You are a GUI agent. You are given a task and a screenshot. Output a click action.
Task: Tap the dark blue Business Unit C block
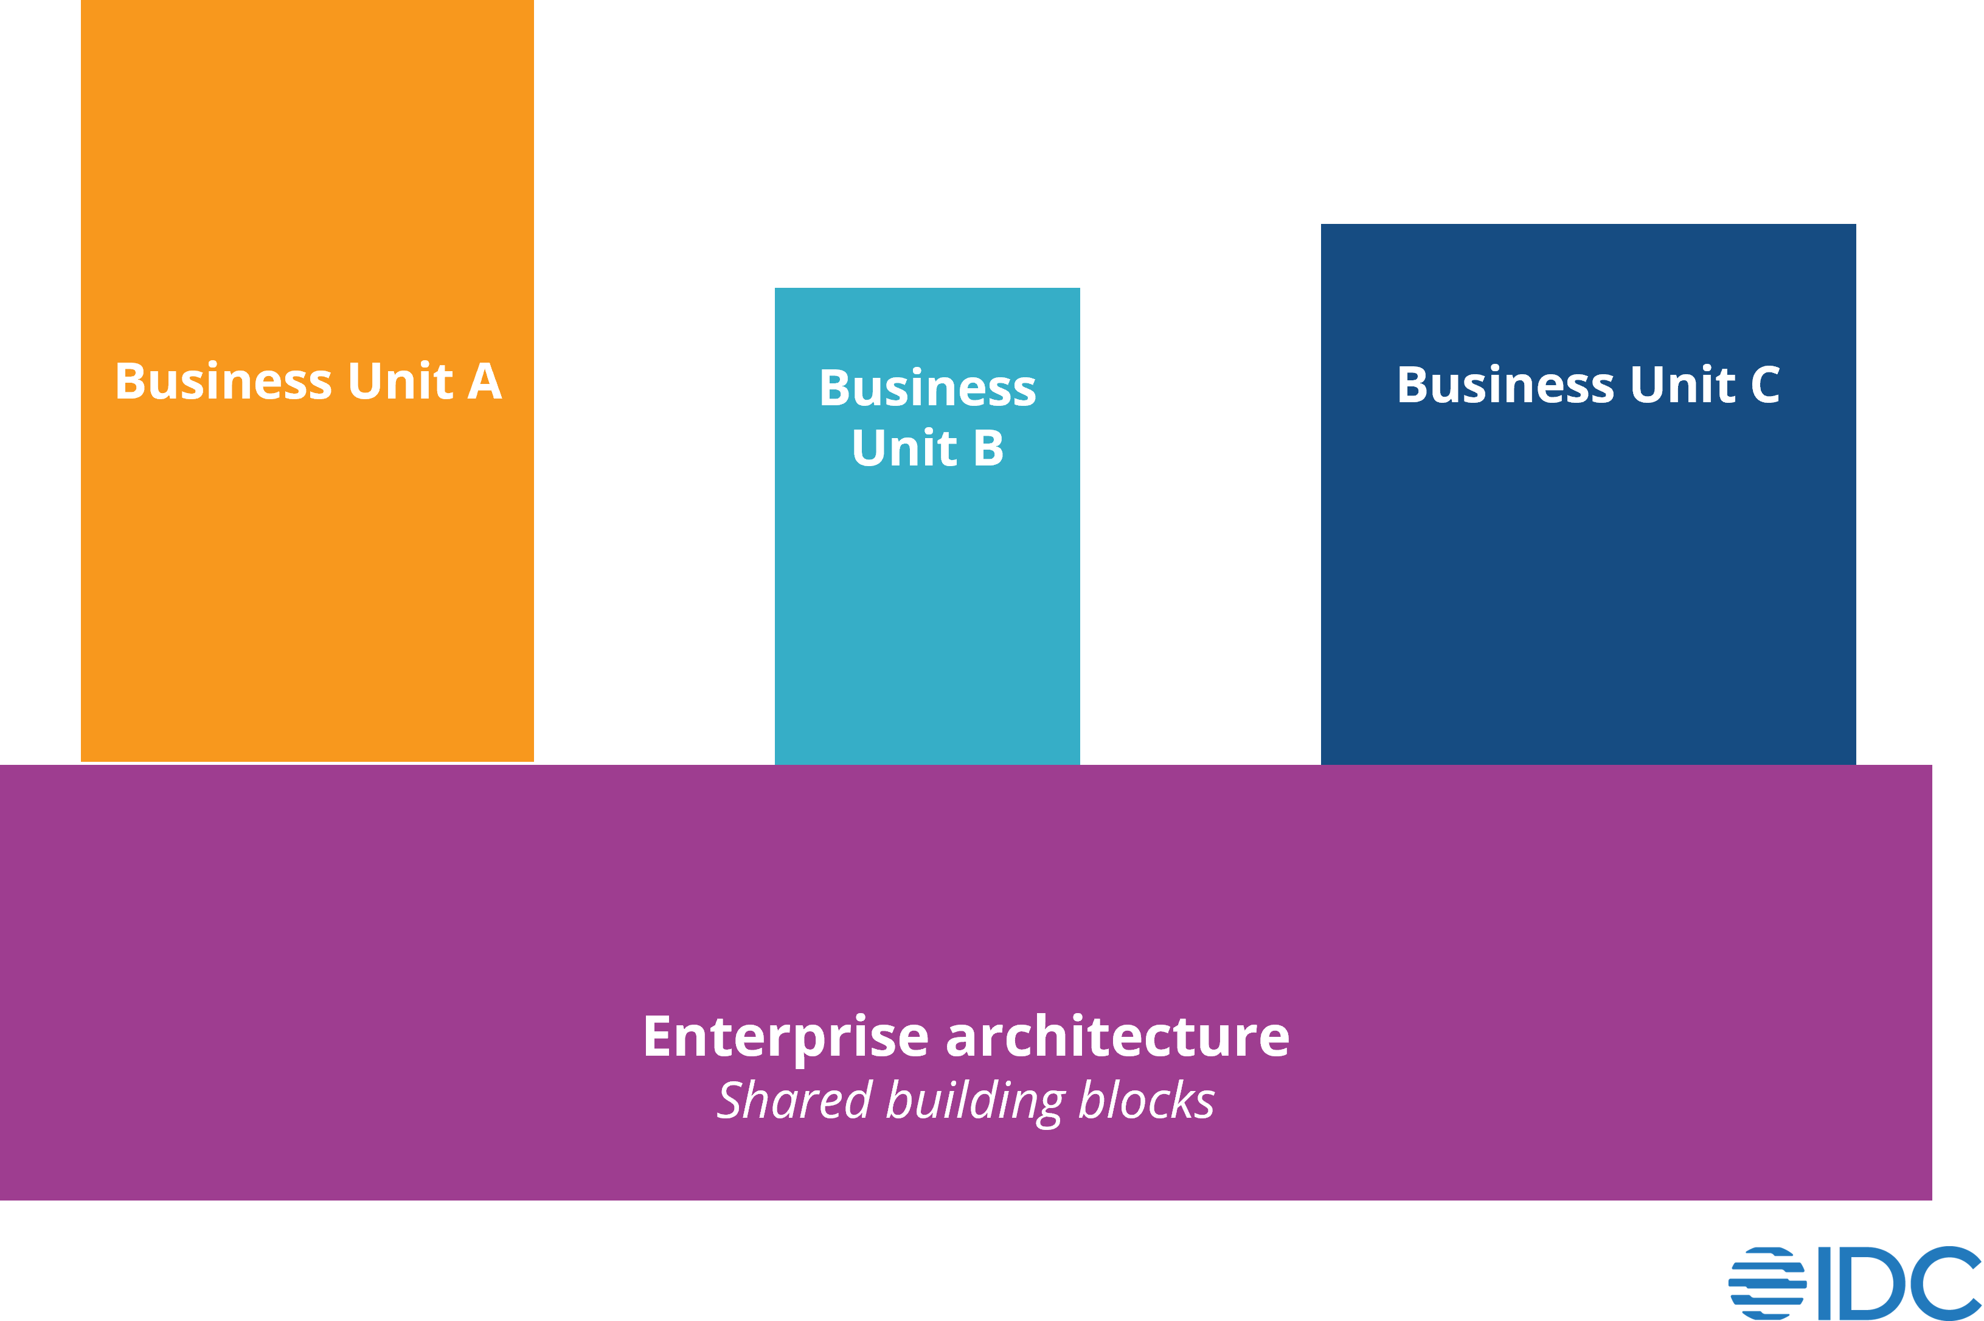click(x=1588, y=590)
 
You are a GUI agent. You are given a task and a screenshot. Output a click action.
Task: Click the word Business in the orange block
click(x=223, y=382)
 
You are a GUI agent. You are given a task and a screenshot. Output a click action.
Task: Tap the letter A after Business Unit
click(x=485, y=382)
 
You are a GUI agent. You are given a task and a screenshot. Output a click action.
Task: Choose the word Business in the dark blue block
click(x=1506, y=385)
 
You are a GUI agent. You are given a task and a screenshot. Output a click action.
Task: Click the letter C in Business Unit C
click(x=1765, y=385)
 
